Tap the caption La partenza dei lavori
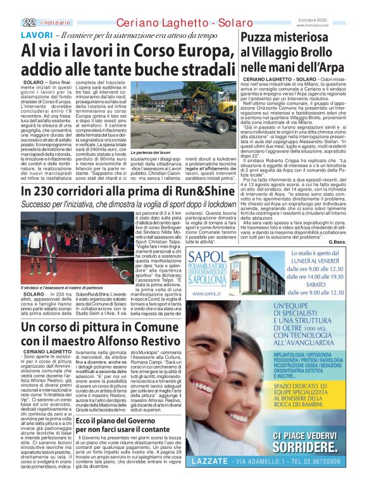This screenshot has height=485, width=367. point(150,153)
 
